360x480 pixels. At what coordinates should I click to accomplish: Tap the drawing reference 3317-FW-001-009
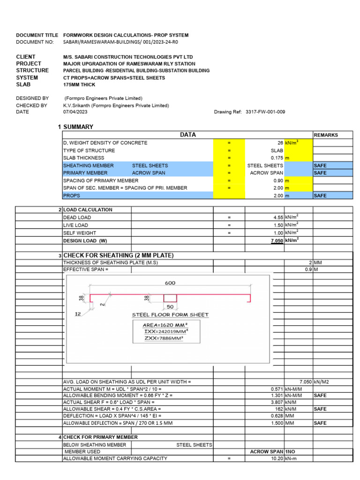pos(265,112)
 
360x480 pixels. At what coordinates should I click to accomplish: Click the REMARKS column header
pos(326,135)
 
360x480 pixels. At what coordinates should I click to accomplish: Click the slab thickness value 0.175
pos(277,158)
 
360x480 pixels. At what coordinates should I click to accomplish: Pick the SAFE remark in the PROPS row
pos(320,195)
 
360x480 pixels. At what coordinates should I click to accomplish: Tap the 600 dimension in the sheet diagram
pos(170,283)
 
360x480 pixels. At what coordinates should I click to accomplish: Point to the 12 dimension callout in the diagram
pos(78,315)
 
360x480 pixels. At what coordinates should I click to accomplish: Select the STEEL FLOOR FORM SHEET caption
pos(170,315)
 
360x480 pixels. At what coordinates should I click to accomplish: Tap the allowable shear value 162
pos(279,409)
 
